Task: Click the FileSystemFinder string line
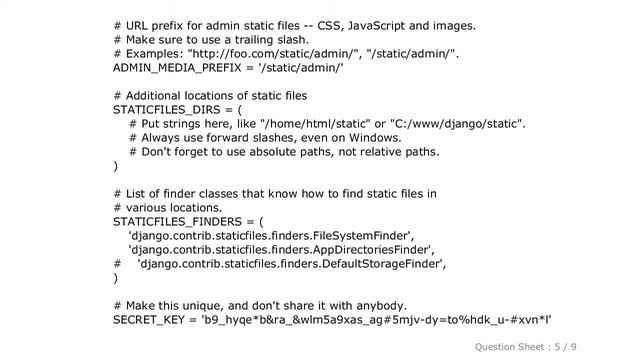pos(270,235)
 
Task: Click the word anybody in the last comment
pos(381,305)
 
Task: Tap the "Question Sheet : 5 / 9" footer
pos(526,346)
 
